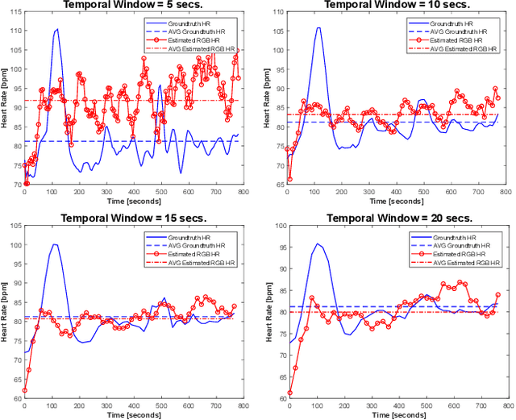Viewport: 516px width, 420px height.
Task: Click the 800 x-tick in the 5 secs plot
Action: tap(240, 192)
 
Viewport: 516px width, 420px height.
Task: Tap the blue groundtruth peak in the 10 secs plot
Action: tap(318, 28)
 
